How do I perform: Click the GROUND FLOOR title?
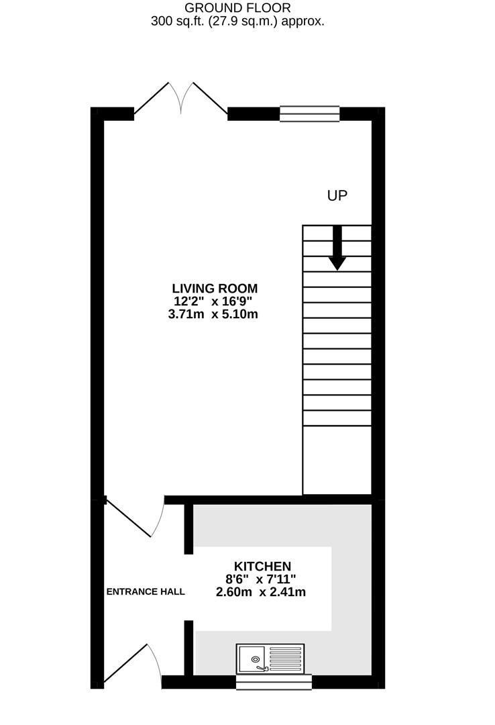(237, 8)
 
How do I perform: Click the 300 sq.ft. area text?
(237, 21)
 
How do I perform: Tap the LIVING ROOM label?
(214, 288)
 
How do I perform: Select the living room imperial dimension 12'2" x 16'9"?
(214, 301)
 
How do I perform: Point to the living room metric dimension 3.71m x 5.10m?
(214, 313)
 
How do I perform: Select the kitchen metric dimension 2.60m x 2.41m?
(262, 592)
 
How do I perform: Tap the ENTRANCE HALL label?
(146, 591)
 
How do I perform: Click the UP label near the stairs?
(337, 195)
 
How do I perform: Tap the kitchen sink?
(270, 659)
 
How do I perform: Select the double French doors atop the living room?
(180, 101)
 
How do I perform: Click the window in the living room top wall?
(309, 113)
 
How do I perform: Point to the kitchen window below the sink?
(274, 682)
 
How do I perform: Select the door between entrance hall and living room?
(134, 517)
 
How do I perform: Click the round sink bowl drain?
(256, 660)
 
